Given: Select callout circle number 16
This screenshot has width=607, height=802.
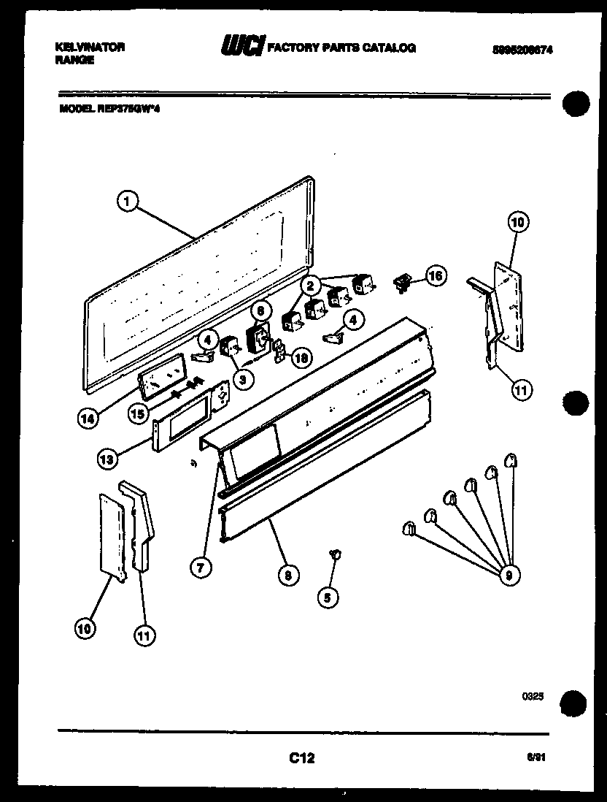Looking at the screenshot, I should coord(436,277).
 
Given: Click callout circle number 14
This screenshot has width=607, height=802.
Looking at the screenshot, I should coord(88,418).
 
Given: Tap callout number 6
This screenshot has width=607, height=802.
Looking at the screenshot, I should coord(259,310).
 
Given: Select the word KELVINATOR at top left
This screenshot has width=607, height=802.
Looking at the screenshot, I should coord(90,47).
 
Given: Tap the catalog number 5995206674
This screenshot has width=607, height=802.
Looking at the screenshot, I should coord(521,50).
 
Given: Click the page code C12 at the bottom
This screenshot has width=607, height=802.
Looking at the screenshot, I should coord(301,758).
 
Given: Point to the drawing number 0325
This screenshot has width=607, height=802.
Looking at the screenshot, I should coord(533,697).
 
